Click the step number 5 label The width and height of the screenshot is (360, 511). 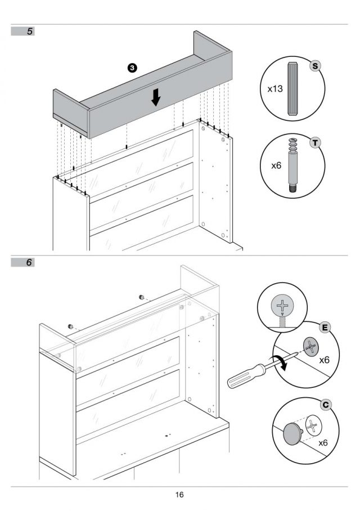(x=30, y=32)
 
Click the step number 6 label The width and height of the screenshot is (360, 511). (x=29, y=262)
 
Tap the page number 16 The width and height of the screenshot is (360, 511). (x=179, y=495)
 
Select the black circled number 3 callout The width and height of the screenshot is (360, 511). (x=132, y=68)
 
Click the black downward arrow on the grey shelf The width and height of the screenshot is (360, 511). (x=156, y=97)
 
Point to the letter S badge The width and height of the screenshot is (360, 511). (x=314, y=66)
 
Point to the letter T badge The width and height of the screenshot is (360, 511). (x=315, y=143)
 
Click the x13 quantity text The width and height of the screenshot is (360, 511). (x=275, y=89)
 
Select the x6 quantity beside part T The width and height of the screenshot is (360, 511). (x=276, y=165)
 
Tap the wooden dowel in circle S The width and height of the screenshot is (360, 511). (x=292, y=89)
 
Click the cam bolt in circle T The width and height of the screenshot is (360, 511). (x=293, y=166)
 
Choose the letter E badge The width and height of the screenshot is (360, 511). (x=325, y=328)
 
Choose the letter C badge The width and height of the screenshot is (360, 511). (x=326, y=405)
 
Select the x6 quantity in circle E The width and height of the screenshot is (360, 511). (x=324, y=360)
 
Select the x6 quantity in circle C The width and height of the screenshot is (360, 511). (x=323, y=443)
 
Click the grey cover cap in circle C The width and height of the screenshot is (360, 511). (x=293, y=432)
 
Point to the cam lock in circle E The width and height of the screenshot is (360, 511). (x=310, y=347)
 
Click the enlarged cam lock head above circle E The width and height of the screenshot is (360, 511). (x=282, y=306)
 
